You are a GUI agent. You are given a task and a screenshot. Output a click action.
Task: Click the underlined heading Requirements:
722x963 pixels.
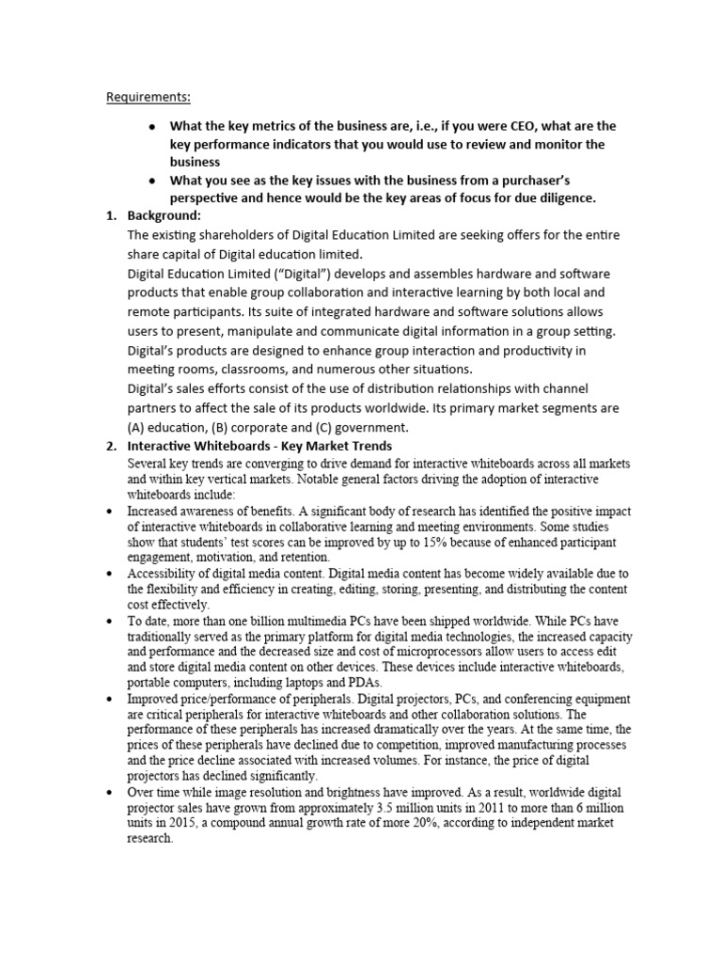click(x=148, y=97)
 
